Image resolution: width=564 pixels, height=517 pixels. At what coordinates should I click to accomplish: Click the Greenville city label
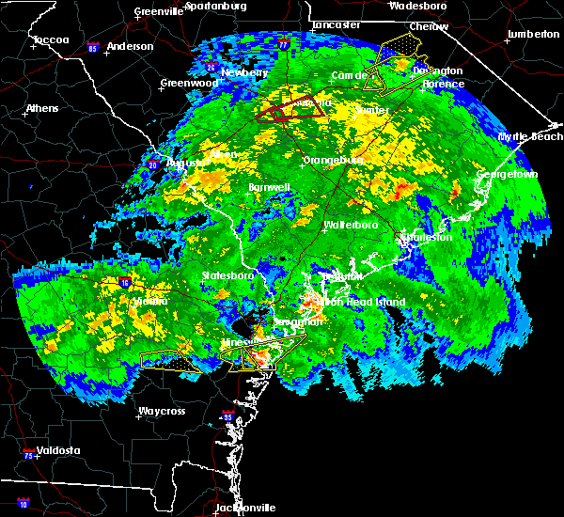(x=158, y=12)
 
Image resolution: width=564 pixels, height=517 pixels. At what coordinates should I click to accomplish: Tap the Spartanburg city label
(x=215, y=6)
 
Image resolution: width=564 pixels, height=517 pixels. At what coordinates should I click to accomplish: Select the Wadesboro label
(x=418, y=6)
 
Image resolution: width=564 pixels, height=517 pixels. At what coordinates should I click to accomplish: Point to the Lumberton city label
(x=532, y=34)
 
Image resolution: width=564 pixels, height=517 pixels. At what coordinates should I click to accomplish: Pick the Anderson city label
(x=130, y=46)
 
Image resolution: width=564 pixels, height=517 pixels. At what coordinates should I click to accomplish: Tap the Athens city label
(x=41, y=108)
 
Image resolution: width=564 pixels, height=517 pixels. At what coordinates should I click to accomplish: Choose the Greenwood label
(x=188, y=83)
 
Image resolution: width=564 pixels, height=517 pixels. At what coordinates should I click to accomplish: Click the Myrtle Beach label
(x=530, y=137)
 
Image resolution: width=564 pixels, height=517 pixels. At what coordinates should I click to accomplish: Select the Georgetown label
(x=507, y=175)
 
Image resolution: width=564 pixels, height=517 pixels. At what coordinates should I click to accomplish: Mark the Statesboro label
(x=228, y=275)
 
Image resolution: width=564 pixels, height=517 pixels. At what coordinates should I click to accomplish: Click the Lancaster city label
(x=335, y=23)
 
